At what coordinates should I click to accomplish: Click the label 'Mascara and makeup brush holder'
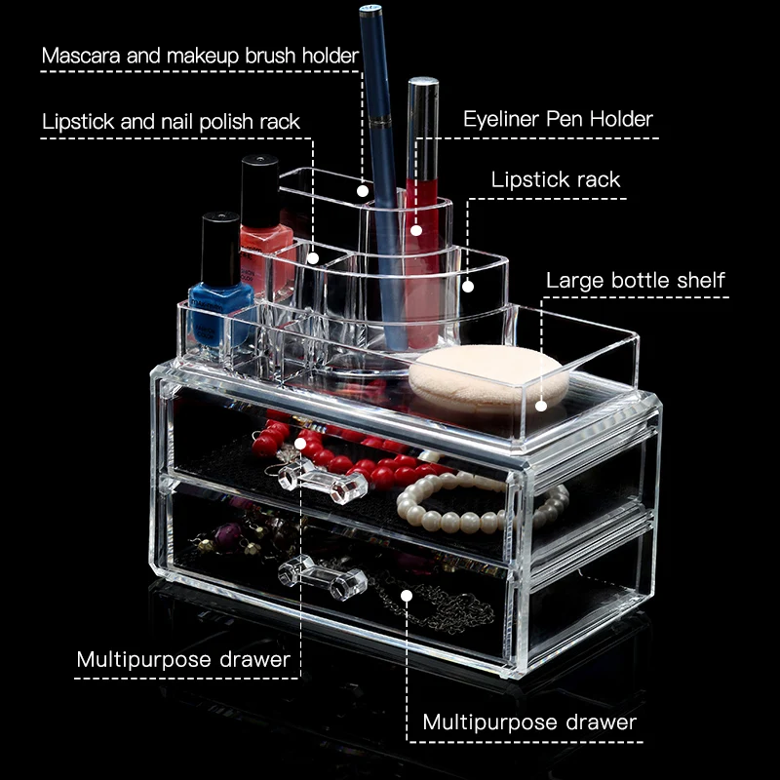(x=200, y=56)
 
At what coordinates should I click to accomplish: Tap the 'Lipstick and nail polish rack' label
(x=171, y=122)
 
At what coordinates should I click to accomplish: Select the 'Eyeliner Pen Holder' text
(x=558, y=119)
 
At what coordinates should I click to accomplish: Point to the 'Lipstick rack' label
(x=556, y=179)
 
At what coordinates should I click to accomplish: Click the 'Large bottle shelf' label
(x=636, y=281)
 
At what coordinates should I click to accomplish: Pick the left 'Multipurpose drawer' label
(x=183, y=660)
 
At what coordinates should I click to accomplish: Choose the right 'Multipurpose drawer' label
(x=529, y=722)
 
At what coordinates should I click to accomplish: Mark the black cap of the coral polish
(x=259, y=189)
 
